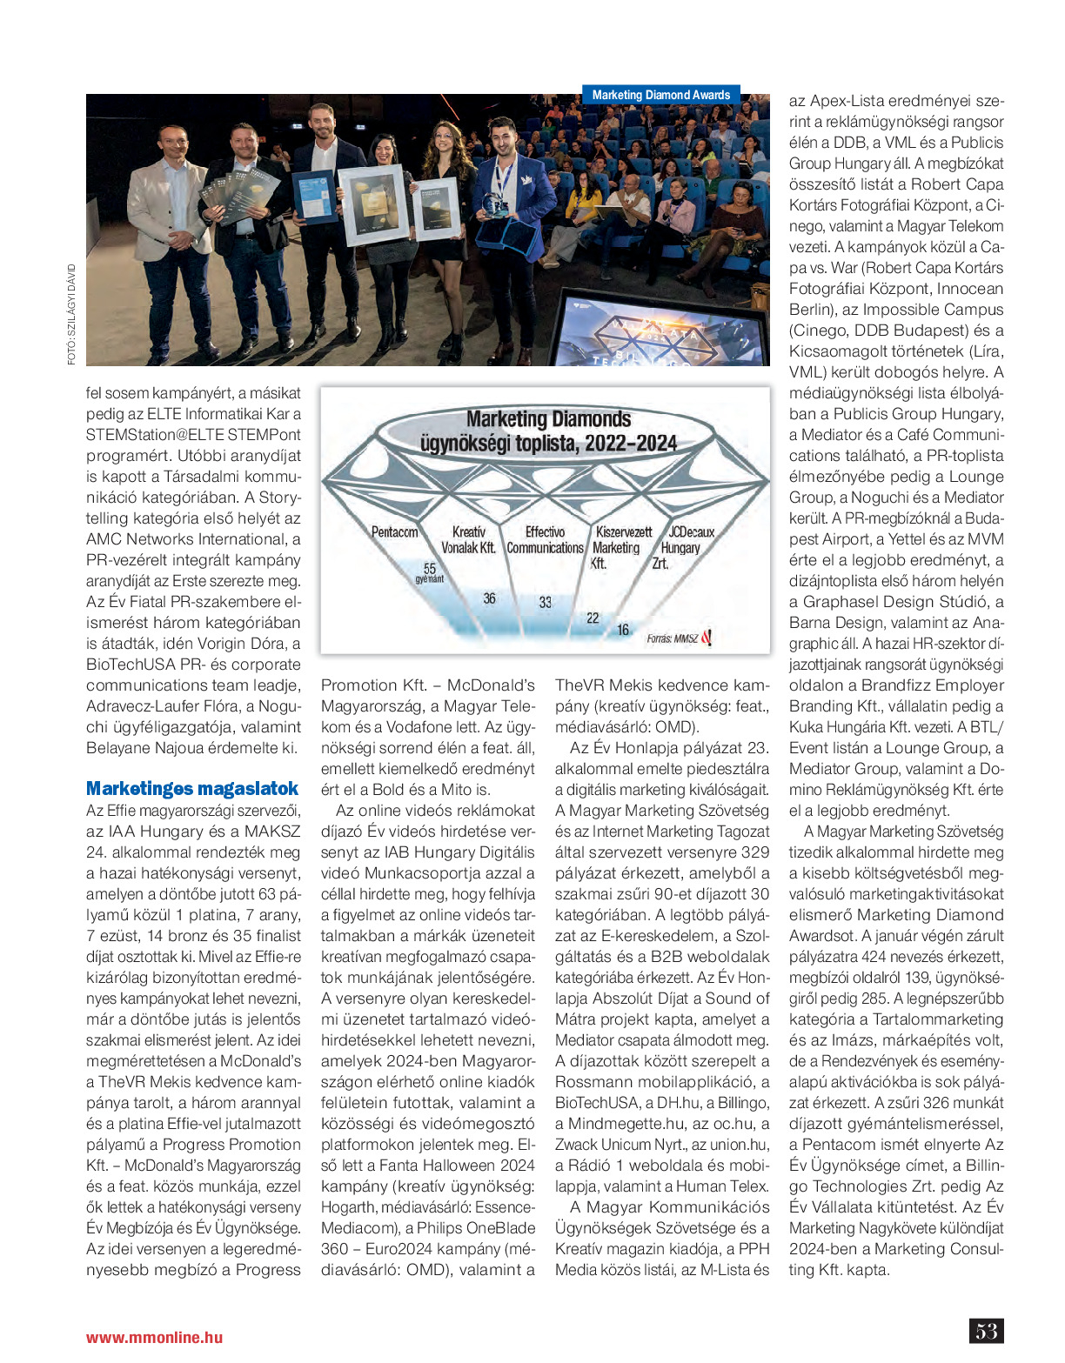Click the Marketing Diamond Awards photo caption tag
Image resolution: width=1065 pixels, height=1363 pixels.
(661, 95)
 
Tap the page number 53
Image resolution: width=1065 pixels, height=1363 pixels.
(986, 1331)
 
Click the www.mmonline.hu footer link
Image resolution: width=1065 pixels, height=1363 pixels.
(154, 1338)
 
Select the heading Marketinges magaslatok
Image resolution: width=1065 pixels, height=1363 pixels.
(192, 789)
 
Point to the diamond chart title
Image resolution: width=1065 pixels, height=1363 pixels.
(548, 431)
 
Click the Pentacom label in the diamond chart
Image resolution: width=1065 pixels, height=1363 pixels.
(394, 532)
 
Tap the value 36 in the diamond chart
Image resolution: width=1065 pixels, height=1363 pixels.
(490, 598)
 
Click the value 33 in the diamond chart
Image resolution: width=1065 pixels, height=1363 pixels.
(545, 602)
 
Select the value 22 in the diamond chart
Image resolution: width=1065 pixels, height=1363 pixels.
(593, 618)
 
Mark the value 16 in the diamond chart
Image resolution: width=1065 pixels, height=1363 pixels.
(623, 630)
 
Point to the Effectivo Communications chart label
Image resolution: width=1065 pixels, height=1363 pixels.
(545, 540)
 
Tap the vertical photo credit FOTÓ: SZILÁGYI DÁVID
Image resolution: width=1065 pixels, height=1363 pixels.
(71, 314)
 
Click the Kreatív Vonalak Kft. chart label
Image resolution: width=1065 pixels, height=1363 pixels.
(468, 540)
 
